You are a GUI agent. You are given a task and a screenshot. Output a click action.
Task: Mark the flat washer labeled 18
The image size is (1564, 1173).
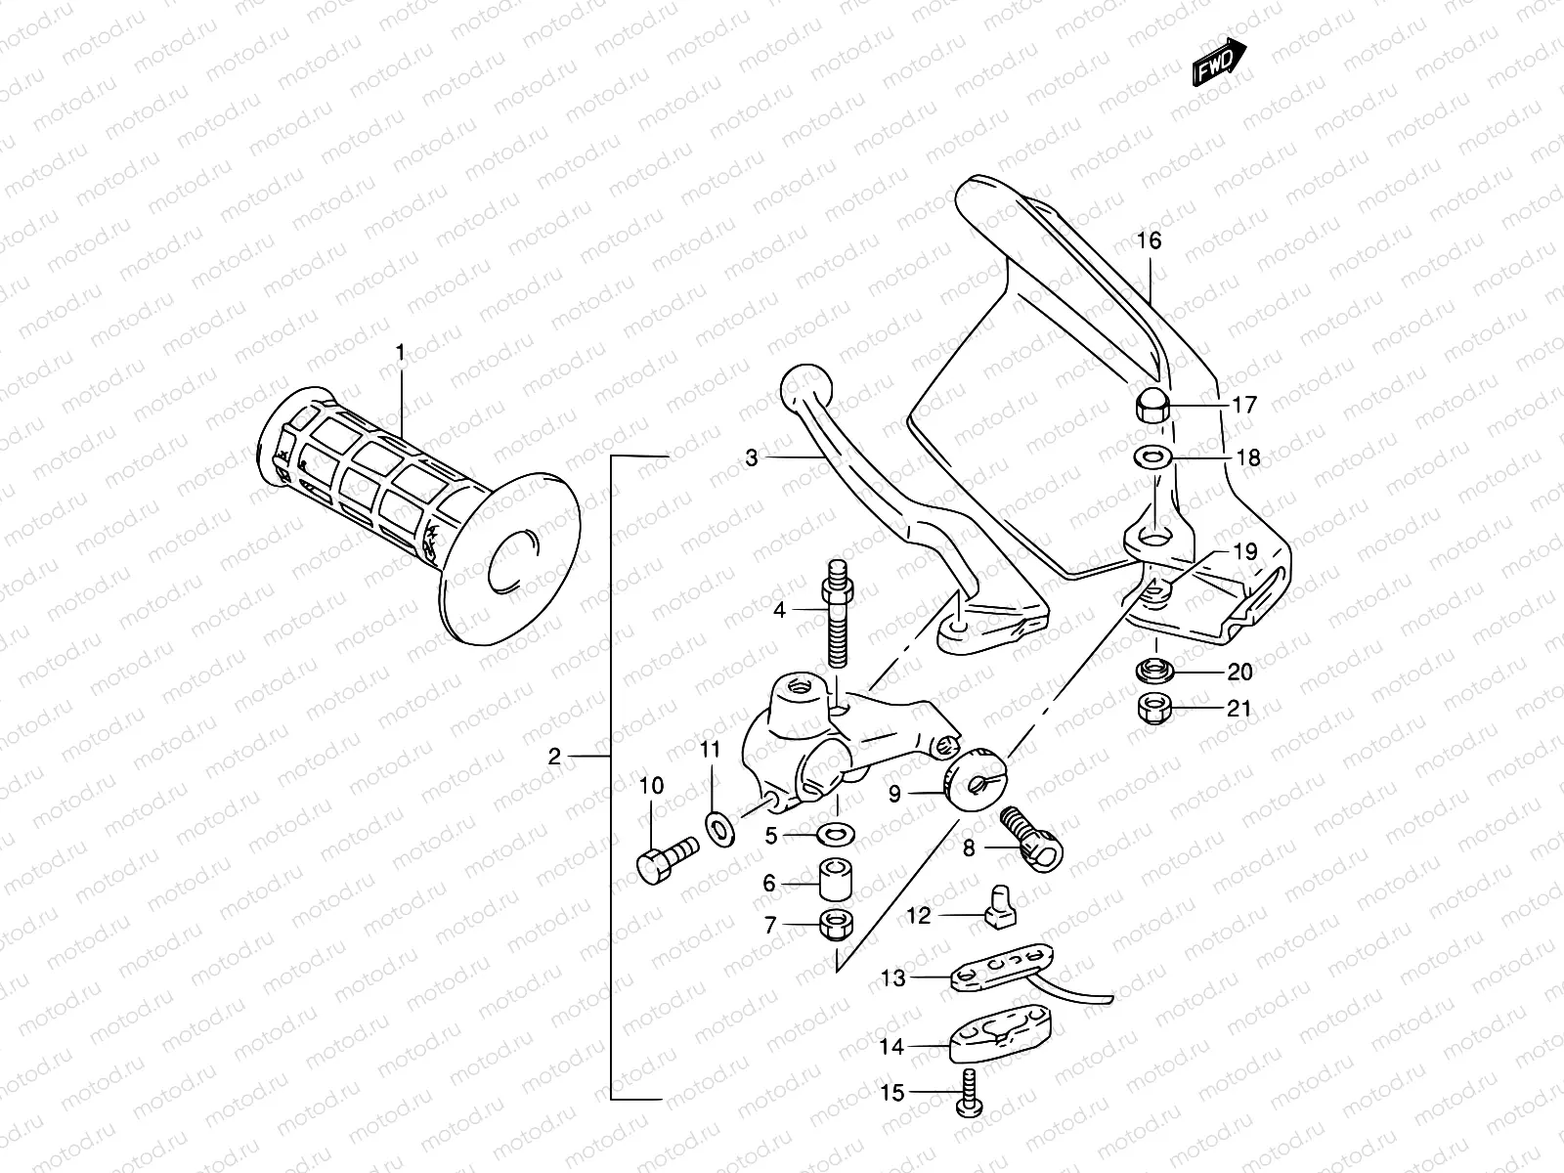(x=1151, y=456)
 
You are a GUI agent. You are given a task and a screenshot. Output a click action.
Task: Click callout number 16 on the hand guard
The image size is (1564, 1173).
(x=1149, y=240)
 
